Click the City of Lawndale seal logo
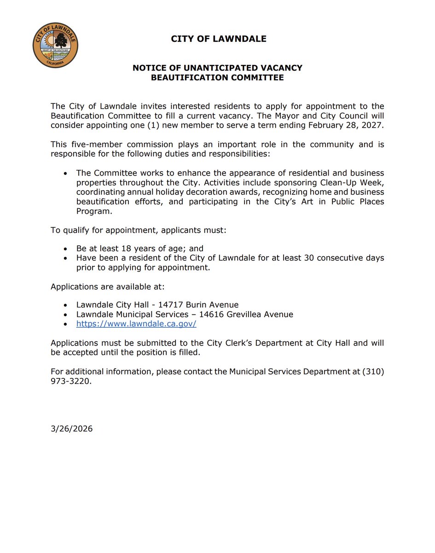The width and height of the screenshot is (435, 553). (56, 45)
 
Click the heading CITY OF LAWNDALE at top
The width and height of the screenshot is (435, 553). (218, 39)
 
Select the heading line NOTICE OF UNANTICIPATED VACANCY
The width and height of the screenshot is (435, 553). (217, 68)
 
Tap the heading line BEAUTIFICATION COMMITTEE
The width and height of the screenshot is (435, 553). (217, 77)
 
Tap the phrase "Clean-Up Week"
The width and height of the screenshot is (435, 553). (356, 183)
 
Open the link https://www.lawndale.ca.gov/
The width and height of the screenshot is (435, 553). (136, 324)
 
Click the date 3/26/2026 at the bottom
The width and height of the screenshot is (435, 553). (71, 429)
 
